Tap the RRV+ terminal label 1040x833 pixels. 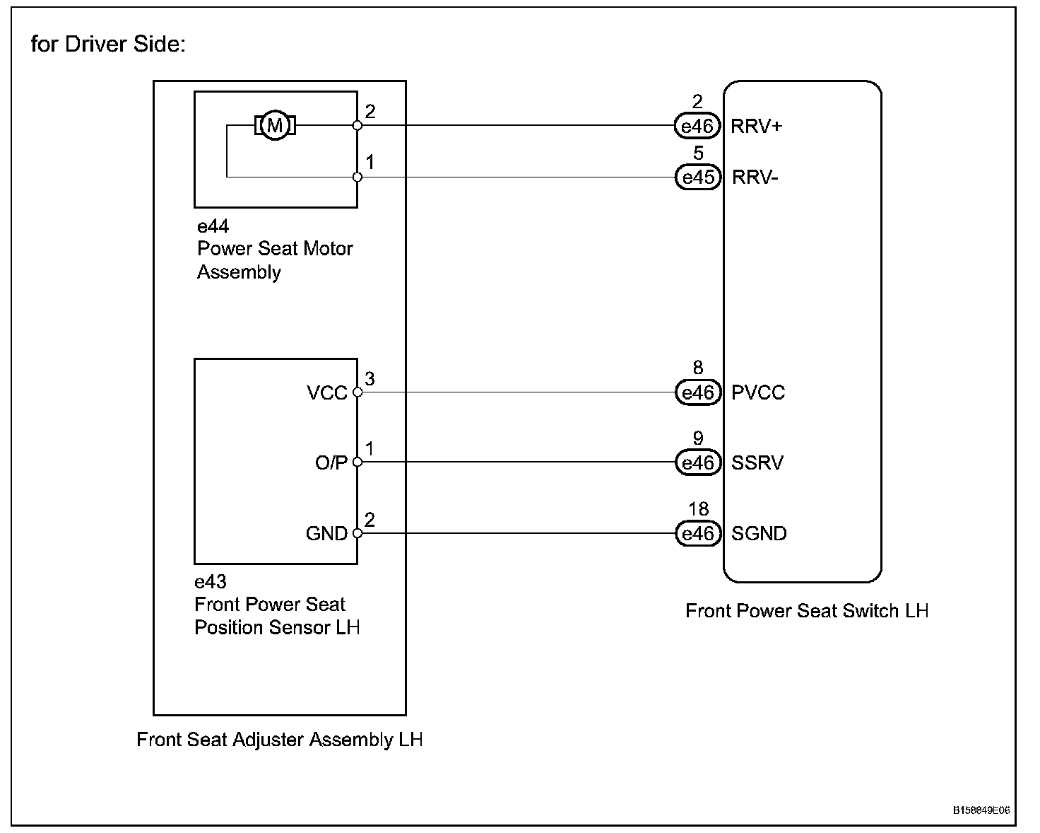click(x=756, y=127)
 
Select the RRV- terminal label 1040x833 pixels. click(x=755, y=177)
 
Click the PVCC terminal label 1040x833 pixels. click(x=758, y=392)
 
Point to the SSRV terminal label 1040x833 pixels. click(x=757, y=463)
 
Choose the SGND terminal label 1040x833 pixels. click(x=759, y=534)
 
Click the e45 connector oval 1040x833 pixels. click(x=698, y=177)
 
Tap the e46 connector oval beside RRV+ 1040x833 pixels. click(x=697, y=127)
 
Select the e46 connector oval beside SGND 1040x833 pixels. click(x=698, y=534)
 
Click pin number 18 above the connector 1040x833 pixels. click(x=698, y=509)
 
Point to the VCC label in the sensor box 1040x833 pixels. click(x=327, y=392)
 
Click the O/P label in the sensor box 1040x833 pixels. click(x=331, y=463)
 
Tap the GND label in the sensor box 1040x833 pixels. click(x=326, y=534)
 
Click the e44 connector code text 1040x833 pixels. click(x=213, y=226)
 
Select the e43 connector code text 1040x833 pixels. click(x=211, y=582)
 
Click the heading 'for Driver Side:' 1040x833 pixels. click(x=108, y=44)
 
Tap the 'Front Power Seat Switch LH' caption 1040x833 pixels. click(x=807, y=611)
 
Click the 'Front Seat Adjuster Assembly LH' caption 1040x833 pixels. click(x=280, y=740)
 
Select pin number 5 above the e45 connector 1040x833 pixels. click(x=698, y=153)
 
